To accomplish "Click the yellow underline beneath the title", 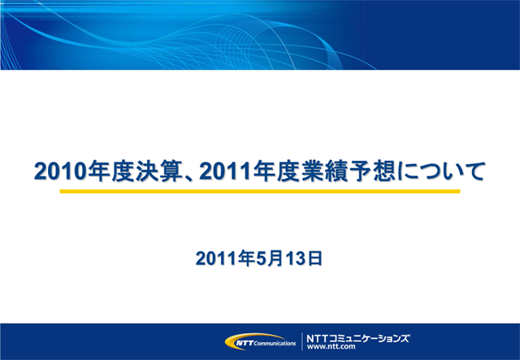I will coord(260,192).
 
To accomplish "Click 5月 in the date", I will coord(268,259).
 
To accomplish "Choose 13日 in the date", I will coord(305,259).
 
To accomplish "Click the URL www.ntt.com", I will coord(331,347).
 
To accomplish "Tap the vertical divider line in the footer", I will coord(302,341).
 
